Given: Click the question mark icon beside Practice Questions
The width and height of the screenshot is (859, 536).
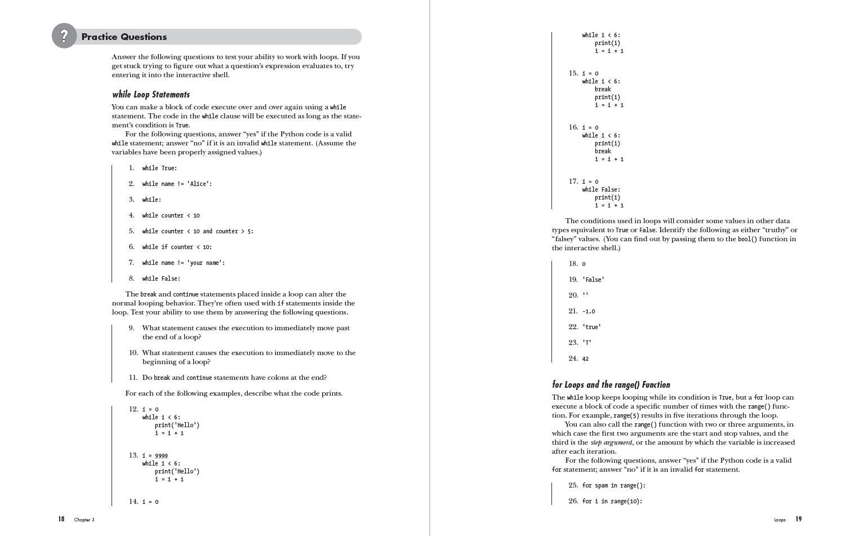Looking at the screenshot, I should (64, 36).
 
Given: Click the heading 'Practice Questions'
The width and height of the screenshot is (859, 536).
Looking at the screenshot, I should (124, 37).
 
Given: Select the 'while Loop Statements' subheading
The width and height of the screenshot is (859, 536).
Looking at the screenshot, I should (151, 95).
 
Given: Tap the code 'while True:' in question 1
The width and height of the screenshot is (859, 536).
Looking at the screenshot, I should (159, 169).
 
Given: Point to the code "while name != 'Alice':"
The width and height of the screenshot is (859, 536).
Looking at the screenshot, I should (177, 184).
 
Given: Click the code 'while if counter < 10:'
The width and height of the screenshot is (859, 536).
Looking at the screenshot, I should (177, 247).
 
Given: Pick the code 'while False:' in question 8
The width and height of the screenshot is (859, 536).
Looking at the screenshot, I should (161, 279).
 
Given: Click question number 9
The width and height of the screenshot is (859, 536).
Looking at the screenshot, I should (132, 328).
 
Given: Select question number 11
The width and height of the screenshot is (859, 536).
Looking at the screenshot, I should (133, 378).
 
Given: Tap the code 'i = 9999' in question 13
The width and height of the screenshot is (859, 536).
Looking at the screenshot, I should (155, 456).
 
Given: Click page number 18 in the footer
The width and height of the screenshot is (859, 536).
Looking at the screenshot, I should (61, 519).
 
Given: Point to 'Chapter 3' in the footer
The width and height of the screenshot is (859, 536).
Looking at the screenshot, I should (84, 520).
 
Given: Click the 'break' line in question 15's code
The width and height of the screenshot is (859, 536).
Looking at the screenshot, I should (603, 90).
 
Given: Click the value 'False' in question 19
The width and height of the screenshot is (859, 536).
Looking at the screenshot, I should (593, 280).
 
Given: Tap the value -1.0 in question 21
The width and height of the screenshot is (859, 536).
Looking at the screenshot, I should (589, 312).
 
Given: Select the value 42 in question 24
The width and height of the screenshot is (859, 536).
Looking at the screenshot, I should (585, 359).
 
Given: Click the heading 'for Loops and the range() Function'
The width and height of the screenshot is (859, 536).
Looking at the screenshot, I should (611, 385).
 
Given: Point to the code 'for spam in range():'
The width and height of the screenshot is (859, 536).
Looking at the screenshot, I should (613, 486).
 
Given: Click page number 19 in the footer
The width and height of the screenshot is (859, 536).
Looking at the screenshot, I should (798, 519).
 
